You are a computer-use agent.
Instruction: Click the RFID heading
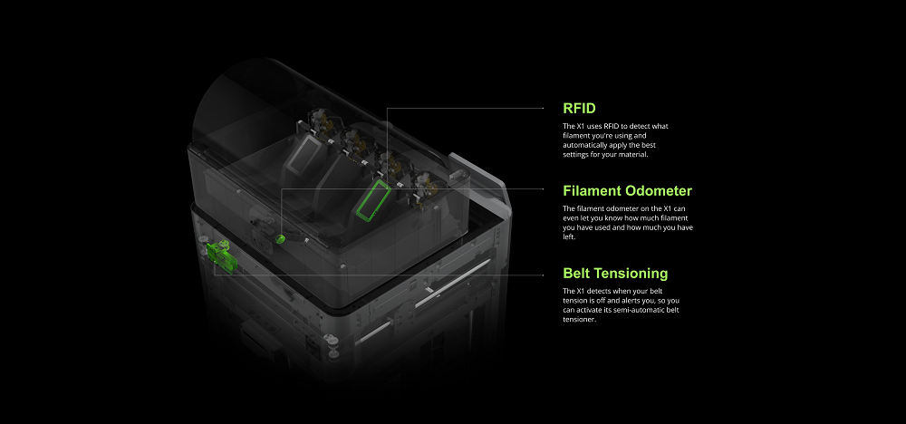[579, 108]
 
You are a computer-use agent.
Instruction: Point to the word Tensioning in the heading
[631, 274]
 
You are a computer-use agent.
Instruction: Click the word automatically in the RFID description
[583, 145]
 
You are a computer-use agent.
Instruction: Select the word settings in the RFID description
[575, 154]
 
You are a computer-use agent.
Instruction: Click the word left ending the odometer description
[569, 236]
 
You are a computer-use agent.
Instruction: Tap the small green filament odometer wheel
[280, 238]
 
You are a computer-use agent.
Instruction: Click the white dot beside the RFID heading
[543, 108]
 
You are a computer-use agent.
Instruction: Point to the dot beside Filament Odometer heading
[543, 188]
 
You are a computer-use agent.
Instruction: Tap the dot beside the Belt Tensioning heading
[543, 275]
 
